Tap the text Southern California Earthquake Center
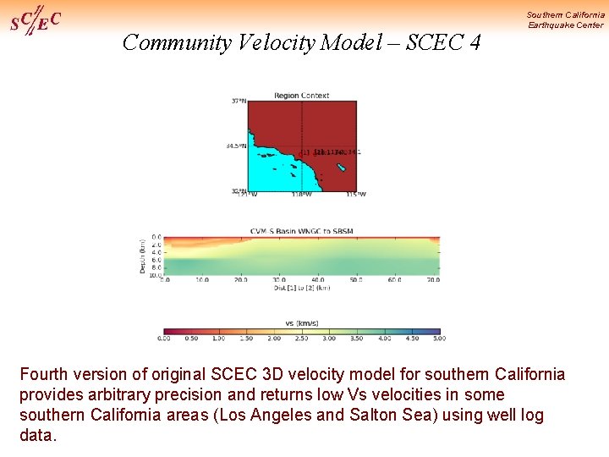point(565,19)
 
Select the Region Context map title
point(302,96)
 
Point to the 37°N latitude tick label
point(239,102)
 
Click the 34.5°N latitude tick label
point(236,146)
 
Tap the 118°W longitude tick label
point(302,194)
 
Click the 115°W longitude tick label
point(356,194)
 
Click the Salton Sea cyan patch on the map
point(340,168)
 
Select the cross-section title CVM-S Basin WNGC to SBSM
point(302,231)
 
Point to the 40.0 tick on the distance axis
point(317,279)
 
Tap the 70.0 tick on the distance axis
point(432,279)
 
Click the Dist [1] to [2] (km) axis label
point(301,288)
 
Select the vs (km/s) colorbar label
point(302,322)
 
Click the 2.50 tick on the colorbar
point(302,339)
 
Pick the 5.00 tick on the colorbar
point(439,339)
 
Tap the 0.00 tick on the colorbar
point(164,339)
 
